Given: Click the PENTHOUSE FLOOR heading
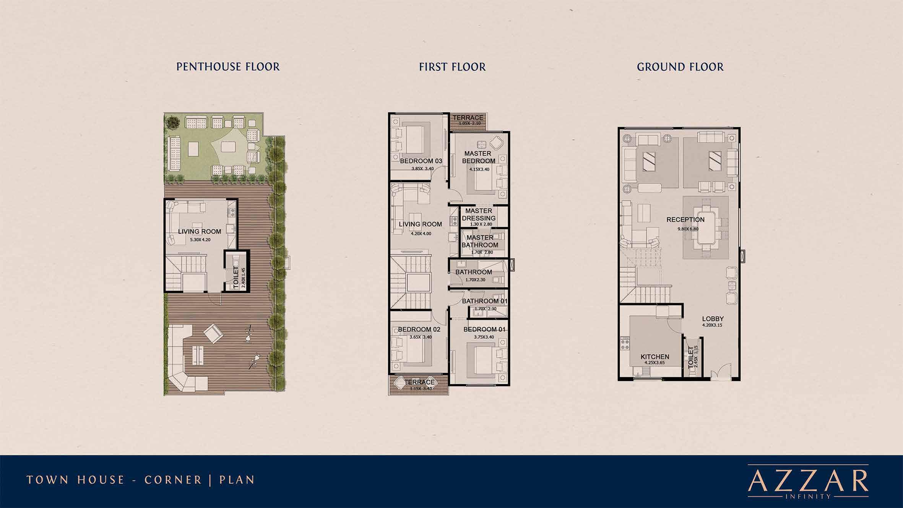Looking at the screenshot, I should click(228, 67).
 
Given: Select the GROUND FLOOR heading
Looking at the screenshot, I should click(680, 67).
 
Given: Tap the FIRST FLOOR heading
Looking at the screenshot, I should click(452, 67).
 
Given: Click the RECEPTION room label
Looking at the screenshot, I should click(685, 220).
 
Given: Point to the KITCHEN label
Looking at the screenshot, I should click(655, 357).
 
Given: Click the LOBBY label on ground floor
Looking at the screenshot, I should click(713, 319).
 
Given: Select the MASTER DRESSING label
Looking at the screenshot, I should click(479, 214).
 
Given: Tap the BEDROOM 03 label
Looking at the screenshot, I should click(421, 161).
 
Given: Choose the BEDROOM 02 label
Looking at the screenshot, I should click(419, 329).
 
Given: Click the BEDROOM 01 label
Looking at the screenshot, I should click(484, 329).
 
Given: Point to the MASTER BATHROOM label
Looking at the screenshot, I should click(480, 241).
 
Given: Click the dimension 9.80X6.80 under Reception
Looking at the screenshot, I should click(688, 229).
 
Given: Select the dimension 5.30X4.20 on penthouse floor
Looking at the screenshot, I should click(200, 240).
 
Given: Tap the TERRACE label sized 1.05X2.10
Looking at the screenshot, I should click(468, 118).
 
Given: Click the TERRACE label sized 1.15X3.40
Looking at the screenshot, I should click(419, 382).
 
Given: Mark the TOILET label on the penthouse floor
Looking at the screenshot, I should click(236, 278).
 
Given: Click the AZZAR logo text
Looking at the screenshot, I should click(808, 482).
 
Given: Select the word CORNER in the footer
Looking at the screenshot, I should click(173, 480).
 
